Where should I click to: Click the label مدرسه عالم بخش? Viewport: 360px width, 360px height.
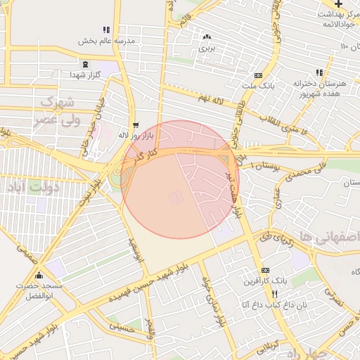[105, 41]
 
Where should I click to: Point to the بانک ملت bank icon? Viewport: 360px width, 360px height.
[258, 75]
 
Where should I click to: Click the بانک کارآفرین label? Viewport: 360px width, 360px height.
[241, 281]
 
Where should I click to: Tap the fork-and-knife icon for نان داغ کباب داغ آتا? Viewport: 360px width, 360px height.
[275, 294]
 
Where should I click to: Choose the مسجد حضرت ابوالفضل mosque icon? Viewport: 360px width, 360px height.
[39, 276]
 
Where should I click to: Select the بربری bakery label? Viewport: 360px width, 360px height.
[205, 49]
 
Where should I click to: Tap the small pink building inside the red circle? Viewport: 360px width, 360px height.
[177, 199]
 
